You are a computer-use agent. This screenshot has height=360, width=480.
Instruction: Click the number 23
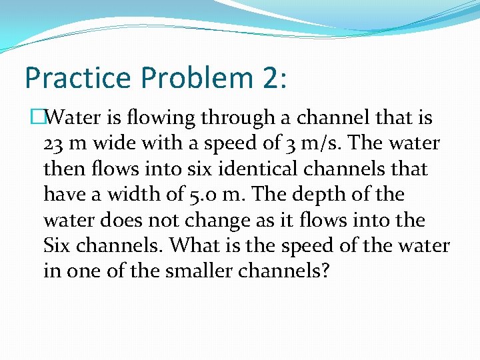53,144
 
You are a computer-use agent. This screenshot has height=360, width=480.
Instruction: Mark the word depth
339,195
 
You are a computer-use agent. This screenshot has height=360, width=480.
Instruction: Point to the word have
61,195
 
